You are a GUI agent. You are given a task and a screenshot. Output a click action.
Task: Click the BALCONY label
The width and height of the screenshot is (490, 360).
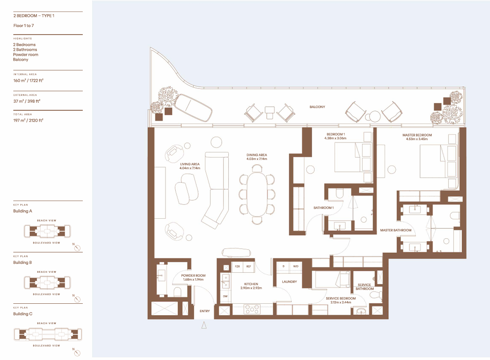(x=317, y=107)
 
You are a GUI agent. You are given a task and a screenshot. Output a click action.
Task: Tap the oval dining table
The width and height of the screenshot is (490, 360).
(x=257, y=194)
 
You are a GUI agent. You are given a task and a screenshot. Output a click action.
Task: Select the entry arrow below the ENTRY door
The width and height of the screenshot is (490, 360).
(x=204, y=325)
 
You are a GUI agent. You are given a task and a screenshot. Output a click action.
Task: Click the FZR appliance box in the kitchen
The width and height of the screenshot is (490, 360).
(x=237, y=267)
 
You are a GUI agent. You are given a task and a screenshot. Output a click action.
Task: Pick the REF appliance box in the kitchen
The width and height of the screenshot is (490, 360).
(x=249, y=267)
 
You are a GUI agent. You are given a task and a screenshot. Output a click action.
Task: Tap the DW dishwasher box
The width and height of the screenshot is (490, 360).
(x=225, y=296)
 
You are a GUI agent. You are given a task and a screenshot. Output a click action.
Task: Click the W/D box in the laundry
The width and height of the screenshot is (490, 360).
(x=296, y=266)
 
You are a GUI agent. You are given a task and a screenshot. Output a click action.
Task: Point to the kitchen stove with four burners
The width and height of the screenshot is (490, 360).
(x=252, y=309)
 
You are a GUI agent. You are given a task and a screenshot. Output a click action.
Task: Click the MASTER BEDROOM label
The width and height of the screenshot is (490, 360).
(x=417, y=135)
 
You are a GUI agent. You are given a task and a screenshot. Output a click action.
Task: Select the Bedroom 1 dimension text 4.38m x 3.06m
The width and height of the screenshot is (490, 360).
(x=336, y=138)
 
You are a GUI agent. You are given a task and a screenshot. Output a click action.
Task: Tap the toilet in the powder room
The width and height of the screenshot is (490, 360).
(x=177, y=292)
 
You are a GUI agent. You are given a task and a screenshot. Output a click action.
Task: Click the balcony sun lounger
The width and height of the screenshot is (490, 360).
(x=193, y=107)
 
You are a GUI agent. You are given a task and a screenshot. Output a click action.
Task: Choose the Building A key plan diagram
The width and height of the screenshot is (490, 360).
(x=47, y=232)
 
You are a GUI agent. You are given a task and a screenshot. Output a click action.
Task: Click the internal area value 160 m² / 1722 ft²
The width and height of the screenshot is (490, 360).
(x=28, y=80)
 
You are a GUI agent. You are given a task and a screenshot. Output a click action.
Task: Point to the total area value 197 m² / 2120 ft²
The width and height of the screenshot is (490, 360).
(x=28, y=120)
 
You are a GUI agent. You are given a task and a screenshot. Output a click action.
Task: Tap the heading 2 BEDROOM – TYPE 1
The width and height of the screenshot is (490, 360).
(x=34, y=15)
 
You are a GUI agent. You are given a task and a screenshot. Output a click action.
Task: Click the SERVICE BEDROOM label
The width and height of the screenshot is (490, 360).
(x=341, y=298)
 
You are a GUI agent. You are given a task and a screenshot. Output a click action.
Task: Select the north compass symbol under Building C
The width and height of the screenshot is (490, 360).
(x=77, y=353)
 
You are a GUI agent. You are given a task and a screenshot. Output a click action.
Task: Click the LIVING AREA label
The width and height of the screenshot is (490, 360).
(x=190, y=164)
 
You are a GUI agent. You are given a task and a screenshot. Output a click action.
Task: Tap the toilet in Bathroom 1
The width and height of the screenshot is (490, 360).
(x=340, y=194)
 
